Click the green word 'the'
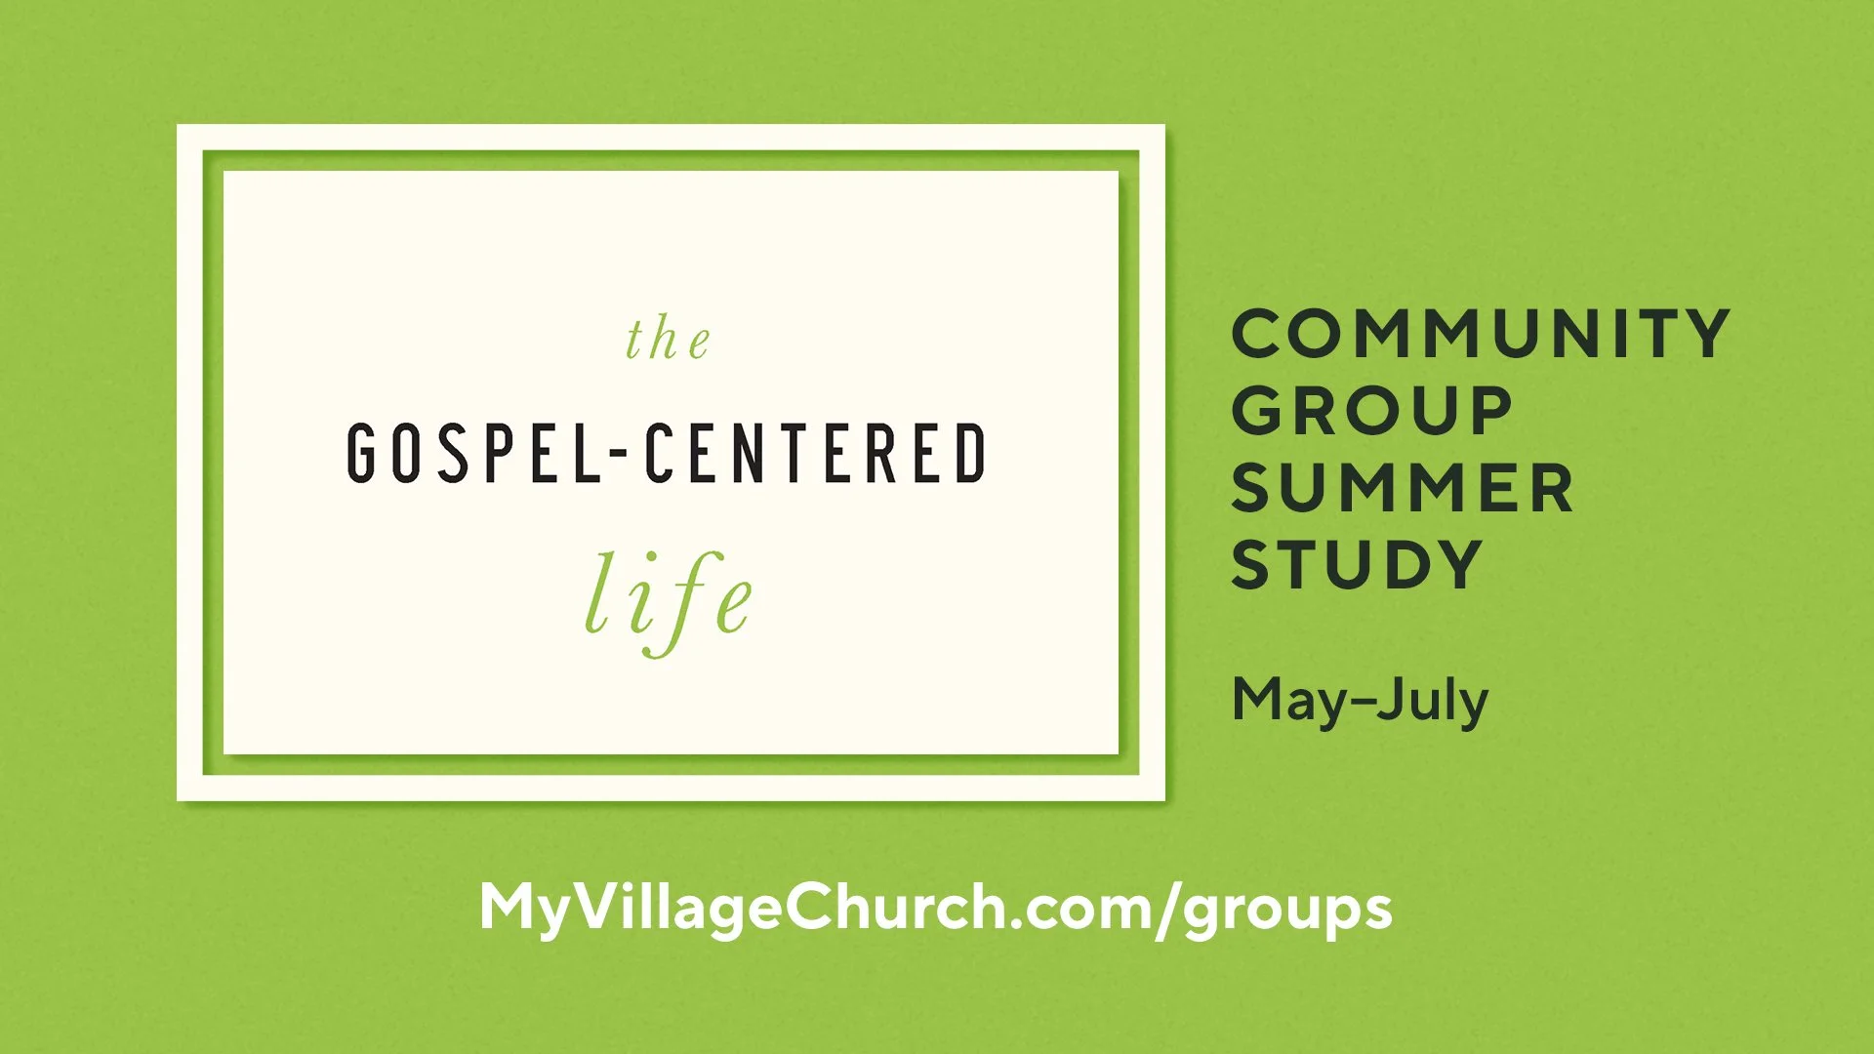pyautogui.click(x=669, y=340)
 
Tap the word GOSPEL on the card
pyautogui.click(x=474, y=453)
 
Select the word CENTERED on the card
pyautogui.click(x=816, y=453)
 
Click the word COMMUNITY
pyautogui.click(x=1480, y=334)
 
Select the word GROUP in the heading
pyautogui.click(x=1371, y=411)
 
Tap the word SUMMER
pyautogui.click(x=1402, y=488)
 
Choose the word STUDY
pyautogui.click(x=1357, y=565)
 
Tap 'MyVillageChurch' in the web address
pyautogui.click(x=742, y=909)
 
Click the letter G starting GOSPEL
pyautogui.click(x=361, y=453)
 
